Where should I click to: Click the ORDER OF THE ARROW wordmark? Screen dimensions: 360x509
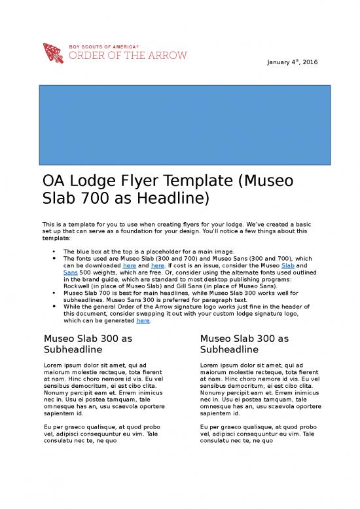coord(127,56)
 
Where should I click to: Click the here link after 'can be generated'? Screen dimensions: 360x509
coord(143,321)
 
